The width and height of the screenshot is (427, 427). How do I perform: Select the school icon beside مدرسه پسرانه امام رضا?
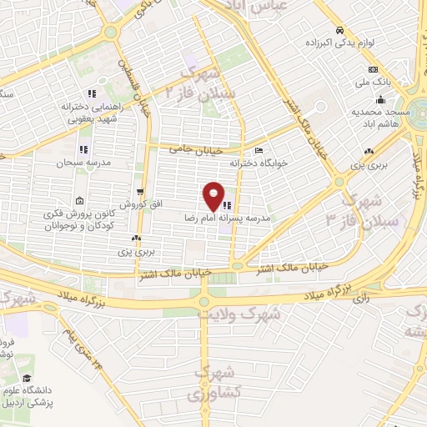pos(228,203)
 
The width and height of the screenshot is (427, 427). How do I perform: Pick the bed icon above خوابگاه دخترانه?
pos(259,151)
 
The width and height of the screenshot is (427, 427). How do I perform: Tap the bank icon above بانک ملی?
pos(373,70)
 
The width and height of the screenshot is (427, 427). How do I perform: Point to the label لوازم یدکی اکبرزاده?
pos(374,43)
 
